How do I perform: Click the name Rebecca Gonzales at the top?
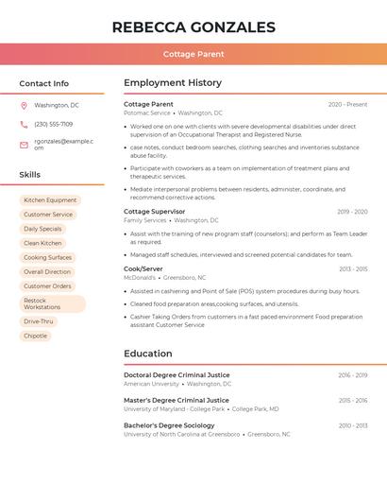coord(193,27)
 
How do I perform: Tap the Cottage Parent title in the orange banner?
coord(193,55)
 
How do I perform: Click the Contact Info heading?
coord(44,83)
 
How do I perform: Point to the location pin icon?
coord(24,106)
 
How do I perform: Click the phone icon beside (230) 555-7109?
coord(24,125)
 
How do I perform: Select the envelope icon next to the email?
coord(24,145)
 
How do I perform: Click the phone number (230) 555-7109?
coord(54,125)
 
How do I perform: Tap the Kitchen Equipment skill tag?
coord(50,200)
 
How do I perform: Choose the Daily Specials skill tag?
coord(42,229)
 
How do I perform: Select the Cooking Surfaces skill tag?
coord(47,257)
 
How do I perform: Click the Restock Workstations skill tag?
coord(52,303)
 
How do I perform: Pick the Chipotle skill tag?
coord(36,336)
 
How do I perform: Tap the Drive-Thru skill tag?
coord(39,321)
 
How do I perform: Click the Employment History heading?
coord(173,83)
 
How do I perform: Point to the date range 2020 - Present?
coord(347,105)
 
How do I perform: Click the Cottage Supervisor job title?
coord(155,212)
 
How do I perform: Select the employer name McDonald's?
coord(140,278)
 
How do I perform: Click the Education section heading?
coord(148,354)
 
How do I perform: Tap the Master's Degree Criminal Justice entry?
coord(177,400)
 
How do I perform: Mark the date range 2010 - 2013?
coord(353,425)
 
